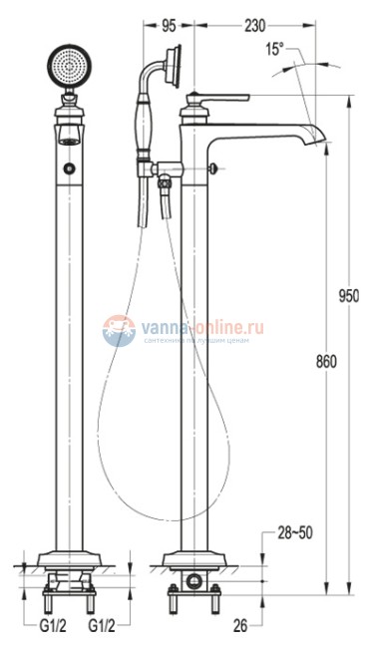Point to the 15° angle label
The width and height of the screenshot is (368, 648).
[x=275, y=48]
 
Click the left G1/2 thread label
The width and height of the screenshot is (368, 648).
[x=53, y=625]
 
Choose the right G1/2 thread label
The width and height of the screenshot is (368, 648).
[x=102, y=625]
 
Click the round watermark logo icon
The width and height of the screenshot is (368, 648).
[x=118, y=330]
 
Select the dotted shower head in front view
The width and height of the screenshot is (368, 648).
[x=68, y=69]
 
